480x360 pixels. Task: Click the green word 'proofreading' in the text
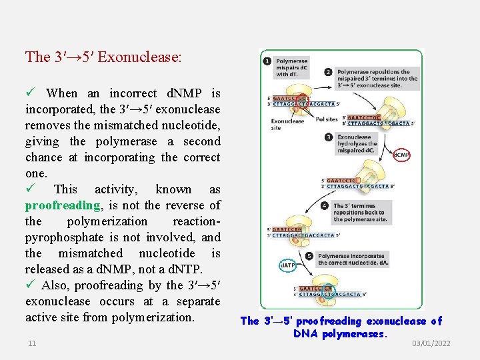pos(63,205)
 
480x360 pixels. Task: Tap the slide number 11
pos(32,343)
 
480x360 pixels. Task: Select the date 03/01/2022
pos(431,343)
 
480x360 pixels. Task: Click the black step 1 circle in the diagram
pos(267,62)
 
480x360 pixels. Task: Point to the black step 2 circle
pos(328,72)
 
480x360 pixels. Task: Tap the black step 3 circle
pos(329,137)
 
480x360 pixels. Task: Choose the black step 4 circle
pos(325,205)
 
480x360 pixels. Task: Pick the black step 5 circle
pos(309,256)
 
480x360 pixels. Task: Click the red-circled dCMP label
pos(401,155)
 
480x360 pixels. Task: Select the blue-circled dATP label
pos(287,265)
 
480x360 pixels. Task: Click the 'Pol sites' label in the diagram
pos(327,120)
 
